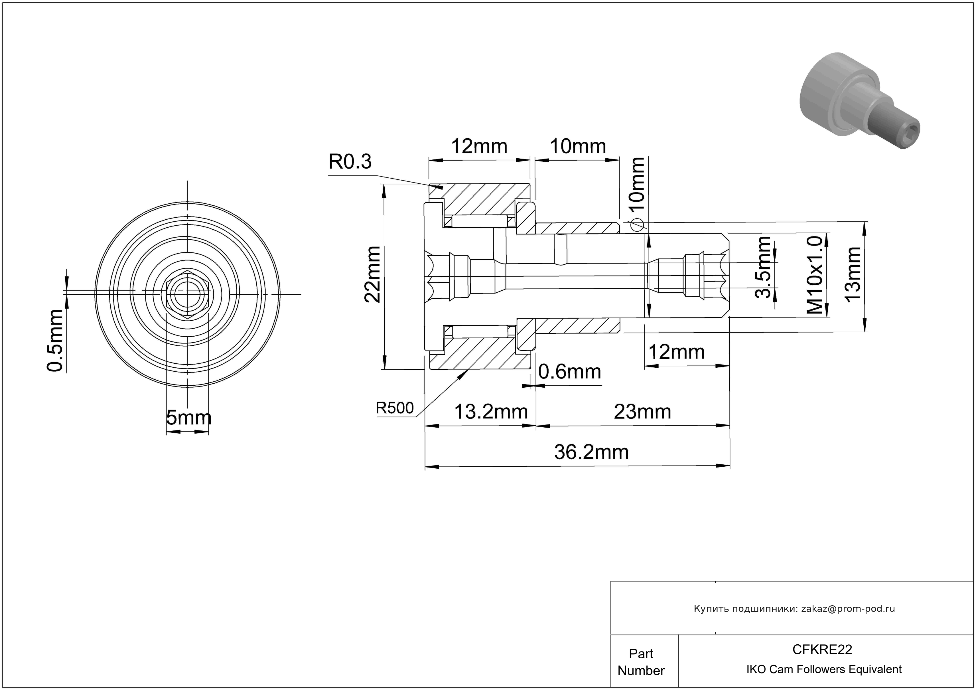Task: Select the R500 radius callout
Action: pos(395,408)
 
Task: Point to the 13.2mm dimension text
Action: pos(491,412)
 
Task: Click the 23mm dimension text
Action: pos(642,412)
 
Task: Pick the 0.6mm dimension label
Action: pos(570,373)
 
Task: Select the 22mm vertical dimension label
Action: pos(373,274)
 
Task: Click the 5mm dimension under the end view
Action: pos(188,418)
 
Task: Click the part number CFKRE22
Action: pos(822,649)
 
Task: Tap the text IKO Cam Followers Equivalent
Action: pos(824,669)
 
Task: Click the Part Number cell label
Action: pos(641,662)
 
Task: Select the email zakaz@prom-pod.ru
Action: pos(848,609)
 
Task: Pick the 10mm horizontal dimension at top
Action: pos(578,147)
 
